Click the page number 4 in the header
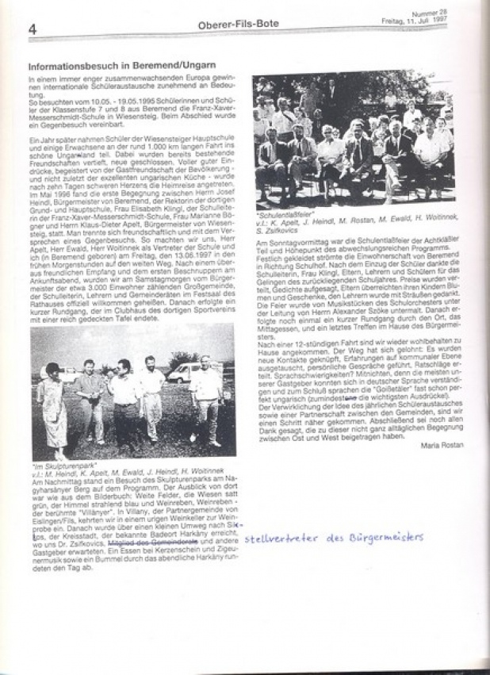tap(33, 29)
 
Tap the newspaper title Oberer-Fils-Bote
tap(227, 25)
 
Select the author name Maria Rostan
tap(443, 444)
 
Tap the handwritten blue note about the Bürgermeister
tap(333, 538)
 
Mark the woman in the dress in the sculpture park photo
tap(53, 405)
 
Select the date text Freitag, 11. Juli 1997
tap(437, 21)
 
